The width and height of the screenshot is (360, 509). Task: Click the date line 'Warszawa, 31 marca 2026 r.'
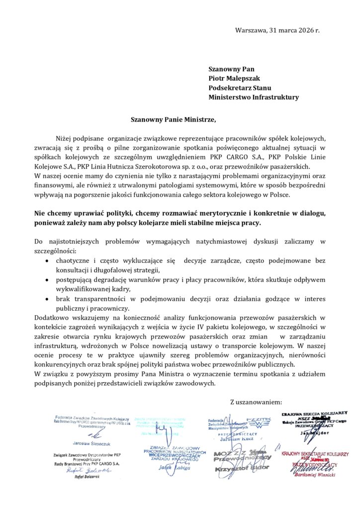(x=277, y=30)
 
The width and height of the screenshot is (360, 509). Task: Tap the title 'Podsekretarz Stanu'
(x=240, y=88)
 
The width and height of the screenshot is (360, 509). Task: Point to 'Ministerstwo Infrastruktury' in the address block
(x=254, y=97)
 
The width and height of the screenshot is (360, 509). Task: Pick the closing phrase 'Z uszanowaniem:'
(x=257, y=402)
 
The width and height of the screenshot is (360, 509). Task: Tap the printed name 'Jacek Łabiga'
(x=171, y=468)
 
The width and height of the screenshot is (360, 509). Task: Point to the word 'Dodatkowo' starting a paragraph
(x=51, y=318)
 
